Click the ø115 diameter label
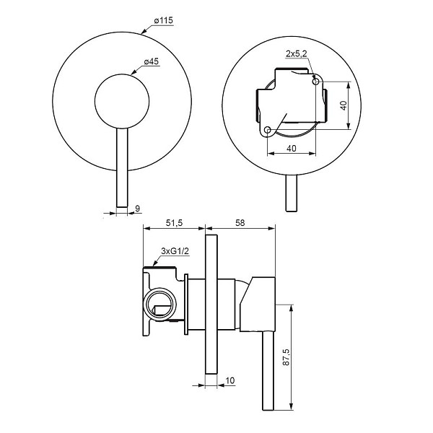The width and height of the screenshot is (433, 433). pyautogui.click(x=164, y=20)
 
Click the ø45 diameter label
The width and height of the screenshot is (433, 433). pyautogui.click(x=152, y=61)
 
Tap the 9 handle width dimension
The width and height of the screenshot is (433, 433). pyautogui.click(x=137, y=209)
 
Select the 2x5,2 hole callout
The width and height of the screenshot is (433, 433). pyautogui.click(x=296, y=53)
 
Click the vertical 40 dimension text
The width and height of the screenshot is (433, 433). pyautogui.click(x=344, y=105)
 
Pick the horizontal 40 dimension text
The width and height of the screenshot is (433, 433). pyautogui.click(x=292, y=149)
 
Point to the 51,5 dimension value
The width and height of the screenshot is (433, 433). pyautogui.click(x=174, y=223)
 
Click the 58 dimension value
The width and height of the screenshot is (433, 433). pyautogui.click(x=240, y=223)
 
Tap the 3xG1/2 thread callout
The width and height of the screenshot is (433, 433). pyautogui.click(x=175, y=251)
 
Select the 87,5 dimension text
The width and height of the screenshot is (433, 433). pyautogui.click(x=286, y=357)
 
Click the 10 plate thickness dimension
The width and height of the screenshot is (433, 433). pyautogui.click(x=230, y=380)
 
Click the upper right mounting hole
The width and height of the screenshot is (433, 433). pyautogui.click(x=315, y=81)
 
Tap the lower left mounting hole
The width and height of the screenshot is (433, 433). pyautogui.click(x=267, y=130)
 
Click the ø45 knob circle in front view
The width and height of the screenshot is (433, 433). pyautogui.click(x=122, y=74)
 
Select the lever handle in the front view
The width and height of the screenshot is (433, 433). pyautogui.click(x=122, y=167)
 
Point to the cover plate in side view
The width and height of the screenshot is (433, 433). pyautogui.click(x=211, y=305)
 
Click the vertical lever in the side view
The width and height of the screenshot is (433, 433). pyautogui.click(x=268, y=370)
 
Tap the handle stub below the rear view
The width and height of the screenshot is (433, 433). pyautogui.click(x=292, y=193)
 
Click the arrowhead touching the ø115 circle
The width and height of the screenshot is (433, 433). pyautogui.click(x=144, y=31)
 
